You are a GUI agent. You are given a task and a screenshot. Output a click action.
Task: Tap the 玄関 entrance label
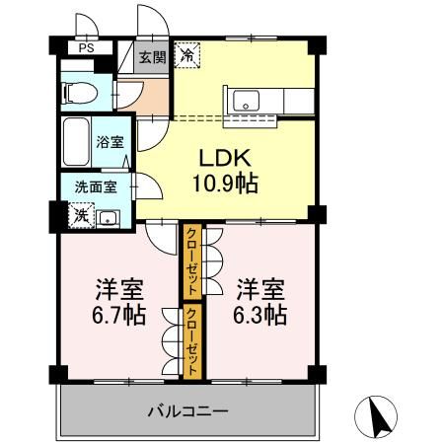click(x=151, y=57)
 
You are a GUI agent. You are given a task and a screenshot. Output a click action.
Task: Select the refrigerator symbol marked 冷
click(x=185, y=56)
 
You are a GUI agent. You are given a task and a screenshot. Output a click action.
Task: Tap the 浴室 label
click(x=110, y=142)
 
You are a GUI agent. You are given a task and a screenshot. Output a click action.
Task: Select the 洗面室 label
click(x=90, y=186)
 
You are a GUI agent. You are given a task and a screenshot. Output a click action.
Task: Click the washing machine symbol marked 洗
click(x=76, y=214)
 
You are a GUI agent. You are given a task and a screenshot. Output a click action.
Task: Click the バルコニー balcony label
click(x=188, y=409)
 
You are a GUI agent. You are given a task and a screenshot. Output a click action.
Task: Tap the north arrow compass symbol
click(x=378, y=417)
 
